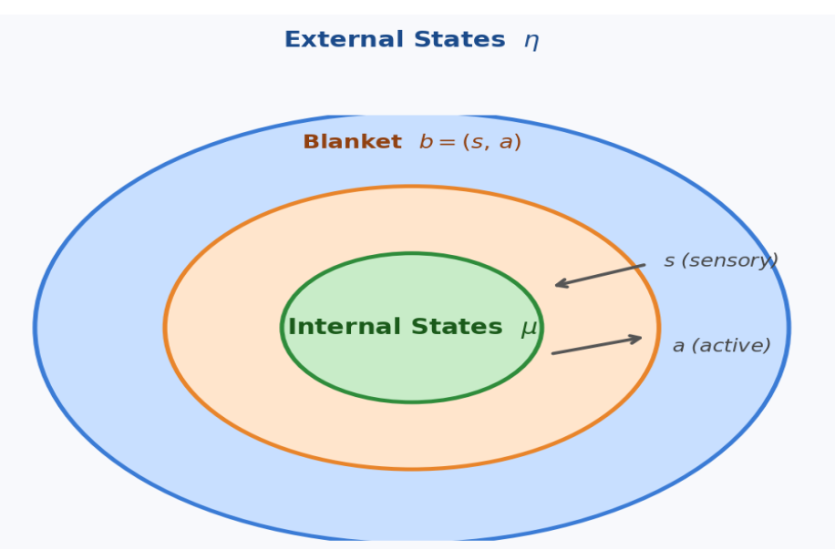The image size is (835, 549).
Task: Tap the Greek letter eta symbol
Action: tap(531, 42)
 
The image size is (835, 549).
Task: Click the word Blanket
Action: tap(352, 142)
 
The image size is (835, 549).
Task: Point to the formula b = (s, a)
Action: tap(469, 143)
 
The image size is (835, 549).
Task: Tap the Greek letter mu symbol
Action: tap(529, 329)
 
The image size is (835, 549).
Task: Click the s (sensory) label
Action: tap(720, 260)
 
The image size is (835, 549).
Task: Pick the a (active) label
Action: tap(721, 346)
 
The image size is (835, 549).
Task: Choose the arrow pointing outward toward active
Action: tap(596, 346)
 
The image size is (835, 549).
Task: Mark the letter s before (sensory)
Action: tap(669, 261)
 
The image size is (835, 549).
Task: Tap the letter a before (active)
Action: tap(678, 347)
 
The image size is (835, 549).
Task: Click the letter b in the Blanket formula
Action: tap(425, 142)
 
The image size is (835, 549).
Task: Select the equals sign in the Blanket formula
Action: tap(446, 143)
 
